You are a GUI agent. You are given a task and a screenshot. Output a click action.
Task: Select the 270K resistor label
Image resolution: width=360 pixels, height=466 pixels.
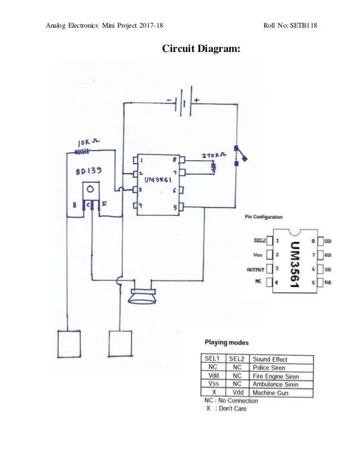214,154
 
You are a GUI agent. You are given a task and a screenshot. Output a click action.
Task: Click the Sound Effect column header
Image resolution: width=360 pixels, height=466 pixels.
270,359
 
